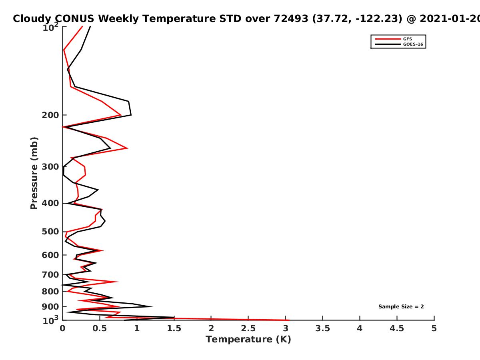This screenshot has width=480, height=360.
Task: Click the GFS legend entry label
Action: (x=407, y=39)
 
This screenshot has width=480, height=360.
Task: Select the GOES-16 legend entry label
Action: (x=413, y=44)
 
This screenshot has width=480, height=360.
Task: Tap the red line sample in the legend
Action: (x=388, y=39)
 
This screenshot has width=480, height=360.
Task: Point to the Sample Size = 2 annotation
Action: (x=401, y=307)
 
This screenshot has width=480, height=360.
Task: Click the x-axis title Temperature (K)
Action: (x=248, y=339)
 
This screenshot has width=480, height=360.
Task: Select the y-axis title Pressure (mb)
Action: (x=34, y=173)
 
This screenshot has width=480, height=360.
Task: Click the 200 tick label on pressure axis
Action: (x=50, y=115)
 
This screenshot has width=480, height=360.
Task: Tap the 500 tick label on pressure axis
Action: (x=50, y=232)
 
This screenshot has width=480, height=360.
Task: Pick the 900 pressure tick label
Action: (x=50, y=307)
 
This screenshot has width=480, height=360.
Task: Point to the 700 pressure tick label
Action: (x=50, y=274)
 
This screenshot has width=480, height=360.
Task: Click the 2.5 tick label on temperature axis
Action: (x=248, y=328)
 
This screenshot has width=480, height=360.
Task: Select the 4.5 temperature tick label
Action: (x=397, y=328)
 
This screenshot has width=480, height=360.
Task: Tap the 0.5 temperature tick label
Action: (x=100, y=328)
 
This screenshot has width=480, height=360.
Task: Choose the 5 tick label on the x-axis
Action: (x=434, y=328)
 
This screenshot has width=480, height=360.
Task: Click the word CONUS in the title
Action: (x=74, y=18)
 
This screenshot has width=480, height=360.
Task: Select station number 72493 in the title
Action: (x=291, y=18)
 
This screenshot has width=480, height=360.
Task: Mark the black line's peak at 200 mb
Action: (x=131, y=115)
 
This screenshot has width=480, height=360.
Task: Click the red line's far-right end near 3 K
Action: (x=289, y=320)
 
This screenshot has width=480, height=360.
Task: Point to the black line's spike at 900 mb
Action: (x=152, y=306)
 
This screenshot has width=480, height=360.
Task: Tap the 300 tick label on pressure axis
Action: (x=50, y=167)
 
